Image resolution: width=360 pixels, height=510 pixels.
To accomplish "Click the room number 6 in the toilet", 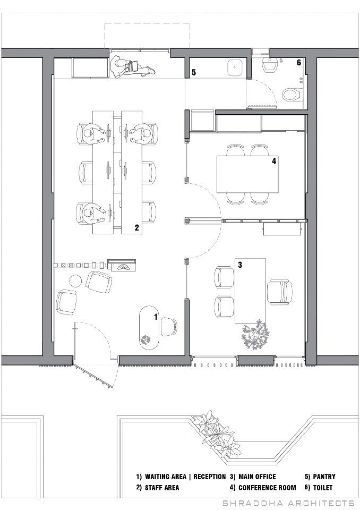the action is pos(299,63).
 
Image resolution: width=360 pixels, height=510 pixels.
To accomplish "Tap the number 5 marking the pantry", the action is pos(194,72).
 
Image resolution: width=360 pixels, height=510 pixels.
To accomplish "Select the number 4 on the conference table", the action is pos(274,160).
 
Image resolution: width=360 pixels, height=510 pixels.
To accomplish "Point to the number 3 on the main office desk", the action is pos(240,265).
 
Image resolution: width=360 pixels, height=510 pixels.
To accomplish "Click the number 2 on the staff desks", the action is pos(137,228).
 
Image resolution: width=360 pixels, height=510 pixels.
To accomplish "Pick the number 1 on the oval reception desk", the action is pos(156,317).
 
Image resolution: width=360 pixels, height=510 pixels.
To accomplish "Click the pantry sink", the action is pos(235,67).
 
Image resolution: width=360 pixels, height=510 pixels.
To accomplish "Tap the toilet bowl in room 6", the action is pos(291,95).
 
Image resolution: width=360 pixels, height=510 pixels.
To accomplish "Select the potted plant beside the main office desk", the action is pos(255,335).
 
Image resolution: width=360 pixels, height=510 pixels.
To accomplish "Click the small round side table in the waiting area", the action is pos(75,280).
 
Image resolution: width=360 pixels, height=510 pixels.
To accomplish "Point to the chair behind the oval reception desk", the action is pos(169,327).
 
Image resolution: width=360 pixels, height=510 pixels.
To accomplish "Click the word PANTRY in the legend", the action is pos(324,477).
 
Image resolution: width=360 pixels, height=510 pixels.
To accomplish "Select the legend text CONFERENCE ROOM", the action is pos(267,487).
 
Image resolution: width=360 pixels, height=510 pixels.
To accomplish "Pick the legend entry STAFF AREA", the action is pos(162,487).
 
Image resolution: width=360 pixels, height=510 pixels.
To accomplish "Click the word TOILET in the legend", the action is pos(323,487).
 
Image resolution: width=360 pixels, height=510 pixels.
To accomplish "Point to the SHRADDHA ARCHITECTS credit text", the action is pos(288,503).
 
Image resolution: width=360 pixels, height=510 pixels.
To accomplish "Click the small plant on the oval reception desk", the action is pos(145,340).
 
